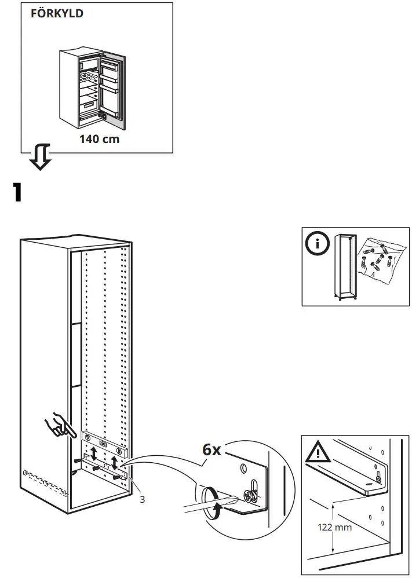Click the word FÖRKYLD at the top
tap(57, 14)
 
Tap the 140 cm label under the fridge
tap(99, 139)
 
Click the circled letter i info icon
tap(317, 244)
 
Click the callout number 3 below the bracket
tap(141, 499)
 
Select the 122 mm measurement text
tap(334, 527)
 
